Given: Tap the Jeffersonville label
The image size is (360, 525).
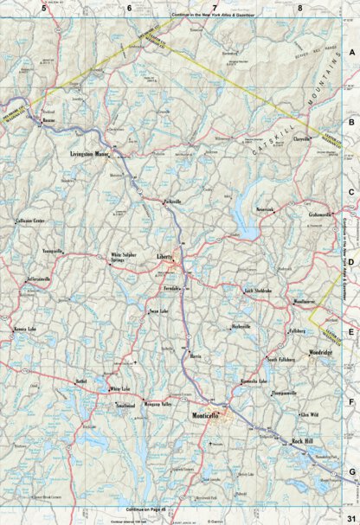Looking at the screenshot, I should pyautogui.click(x=44, y=281).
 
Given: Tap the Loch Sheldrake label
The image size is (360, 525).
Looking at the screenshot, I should pyautogui.click(x=259, y=291).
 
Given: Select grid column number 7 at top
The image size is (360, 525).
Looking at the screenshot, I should pyautogui.click(x=214, y=8).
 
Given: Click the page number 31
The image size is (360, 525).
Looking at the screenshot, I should pyautogui.click(x=349, y=517).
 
